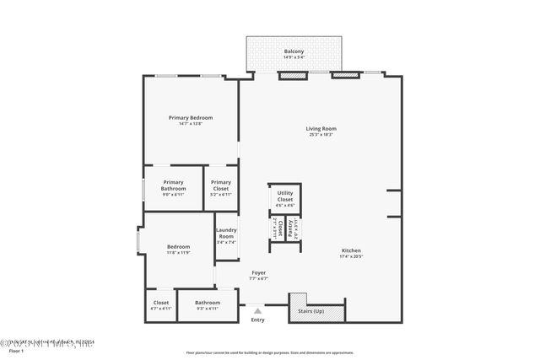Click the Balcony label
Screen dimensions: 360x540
tap(294, 51)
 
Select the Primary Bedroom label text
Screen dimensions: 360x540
tap(190, 117)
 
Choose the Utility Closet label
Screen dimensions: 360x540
tap(285, 196)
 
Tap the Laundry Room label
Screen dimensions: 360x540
tap(225, 233)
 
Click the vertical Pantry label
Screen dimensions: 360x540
tap(291, 227)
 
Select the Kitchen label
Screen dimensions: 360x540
tap(352, 251)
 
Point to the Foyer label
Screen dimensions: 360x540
tap(258, 273)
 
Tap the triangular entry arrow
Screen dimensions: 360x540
tap(257, 310)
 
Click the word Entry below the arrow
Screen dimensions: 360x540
tap(257, 320)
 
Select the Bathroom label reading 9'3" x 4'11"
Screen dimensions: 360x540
tap(208, 303)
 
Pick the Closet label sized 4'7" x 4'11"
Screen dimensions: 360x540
tap(161, 303)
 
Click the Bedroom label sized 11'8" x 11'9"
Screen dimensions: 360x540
tap(178, 247)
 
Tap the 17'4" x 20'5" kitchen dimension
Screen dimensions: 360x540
tap(352, 257)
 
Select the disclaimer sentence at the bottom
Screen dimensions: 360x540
tap(269, 353)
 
